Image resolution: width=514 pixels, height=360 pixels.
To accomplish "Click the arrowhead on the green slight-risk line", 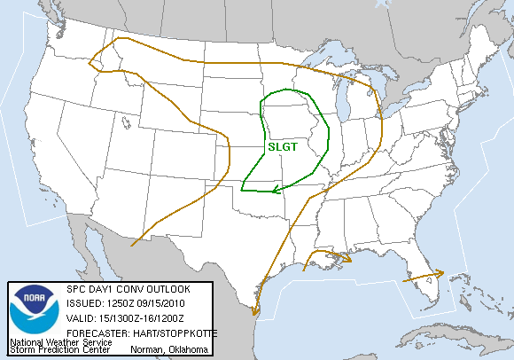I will pyautogui.click(x=276, y=188).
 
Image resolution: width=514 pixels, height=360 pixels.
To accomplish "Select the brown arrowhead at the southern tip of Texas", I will pyautogui.click(x=256, y=310).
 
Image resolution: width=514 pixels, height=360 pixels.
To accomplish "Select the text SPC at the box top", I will pyautogui.click(x=74, y=289).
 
